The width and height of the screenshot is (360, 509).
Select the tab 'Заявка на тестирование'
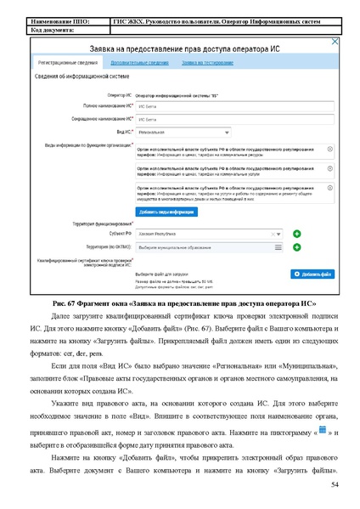point(207,62)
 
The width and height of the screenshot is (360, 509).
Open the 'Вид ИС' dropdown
point(183,133)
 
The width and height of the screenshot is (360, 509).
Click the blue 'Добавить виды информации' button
point(167,211)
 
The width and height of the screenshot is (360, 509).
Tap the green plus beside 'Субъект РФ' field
point(297,233)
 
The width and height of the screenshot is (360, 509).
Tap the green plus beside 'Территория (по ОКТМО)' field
point(297,246)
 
